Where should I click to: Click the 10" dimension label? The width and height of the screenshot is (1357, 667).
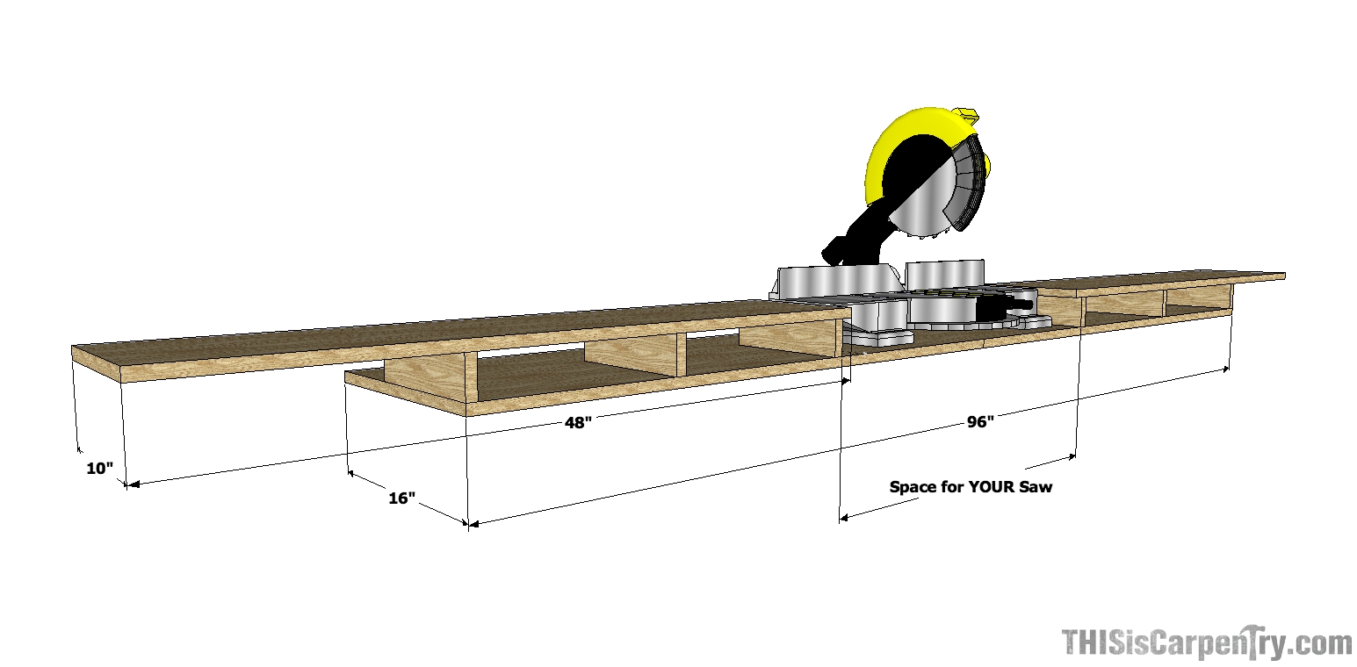coord(100,469)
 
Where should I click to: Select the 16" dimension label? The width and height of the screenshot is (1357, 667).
coord(401,498)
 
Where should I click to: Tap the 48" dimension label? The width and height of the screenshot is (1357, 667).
coord(578,422)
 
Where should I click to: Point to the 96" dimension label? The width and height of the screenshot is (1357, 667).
coord(980,421)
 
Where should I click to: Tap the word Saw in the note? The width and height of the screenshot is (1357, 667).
coord(1036,486)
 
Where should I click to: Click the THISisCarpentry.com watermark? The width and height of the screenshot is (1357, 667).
coord(1207,644)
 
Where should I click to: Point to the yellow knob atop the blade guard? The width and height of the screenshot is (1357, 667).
coord(966,114)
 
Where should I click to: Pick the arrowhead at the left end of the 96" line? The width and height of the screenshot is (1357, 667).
coord(476,524)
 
